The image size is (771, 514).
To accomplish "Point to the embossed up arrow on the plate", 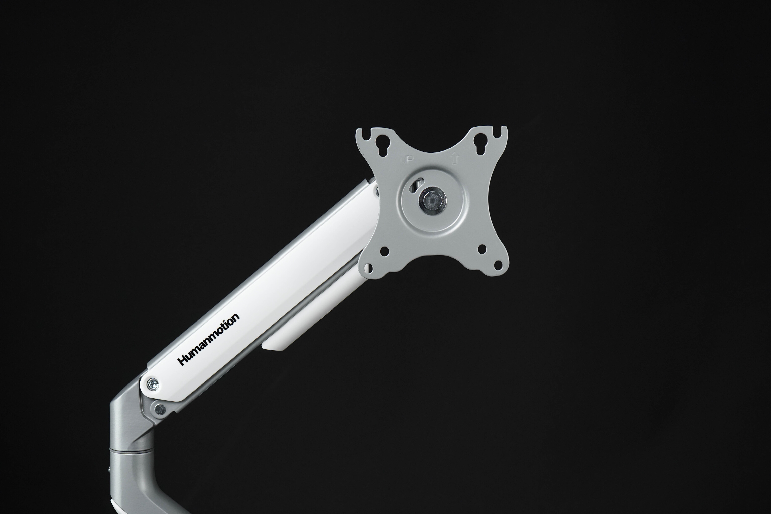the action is [x=454, y=159].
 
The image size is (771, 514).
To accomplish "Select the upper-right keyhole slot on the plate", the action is [x=479, y=145].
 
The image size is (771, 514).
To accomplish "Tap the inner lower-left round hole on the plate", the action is [x=384, y=251].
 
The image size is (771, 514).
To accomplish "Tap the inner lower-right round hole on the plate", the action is [x=482, y=249].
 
